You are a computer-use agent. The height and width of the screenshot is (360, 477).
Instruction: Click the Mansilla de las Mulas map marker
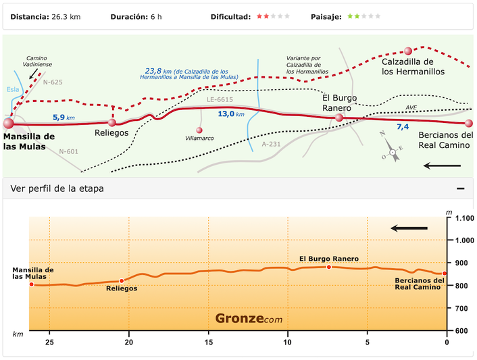[x=9, y=124]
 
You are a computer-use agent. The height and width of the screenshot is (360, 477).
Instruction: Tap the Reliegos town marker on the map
[x=112, y=122]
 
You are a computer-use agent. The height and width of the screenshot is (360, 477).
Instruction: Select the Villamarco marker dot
[x=199, y=130]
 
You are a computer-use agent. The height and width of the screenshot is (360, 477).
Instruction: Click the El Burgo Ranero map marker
[x=340, y=118]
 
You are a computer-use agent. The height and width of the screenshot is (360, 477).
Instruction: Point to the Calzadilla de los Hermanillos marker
[x=407, y=51]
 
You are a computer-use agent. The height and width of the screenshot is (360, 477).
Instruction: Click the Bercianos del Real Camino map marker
[x=469, y=124]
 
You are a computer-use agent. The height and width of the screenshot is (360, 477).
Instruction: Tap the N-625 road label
[x=53, y=82]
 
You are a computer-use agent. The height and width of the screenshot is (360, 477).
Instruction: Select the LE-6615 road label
[x=220, y=100]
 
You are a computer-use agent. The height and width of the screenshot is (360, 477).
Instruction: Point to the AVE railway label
[x=411, y=107]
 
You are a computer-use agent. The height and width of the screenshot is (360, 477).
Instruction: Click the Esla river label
[x=13, y=88]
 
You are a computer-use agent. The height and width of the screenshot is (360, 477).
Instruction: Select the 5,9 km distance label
[x=64, y=118]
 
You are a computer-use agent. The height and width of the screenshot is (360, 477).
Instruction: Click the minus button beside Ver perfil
[x=460, y=188]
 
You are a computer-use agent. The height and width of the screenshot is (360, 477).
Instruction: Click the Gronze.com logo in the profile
[x=249, y=319]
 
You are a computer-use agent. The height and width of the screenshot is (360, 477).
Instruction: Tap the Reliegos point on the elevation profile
[x=122, y=281]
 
